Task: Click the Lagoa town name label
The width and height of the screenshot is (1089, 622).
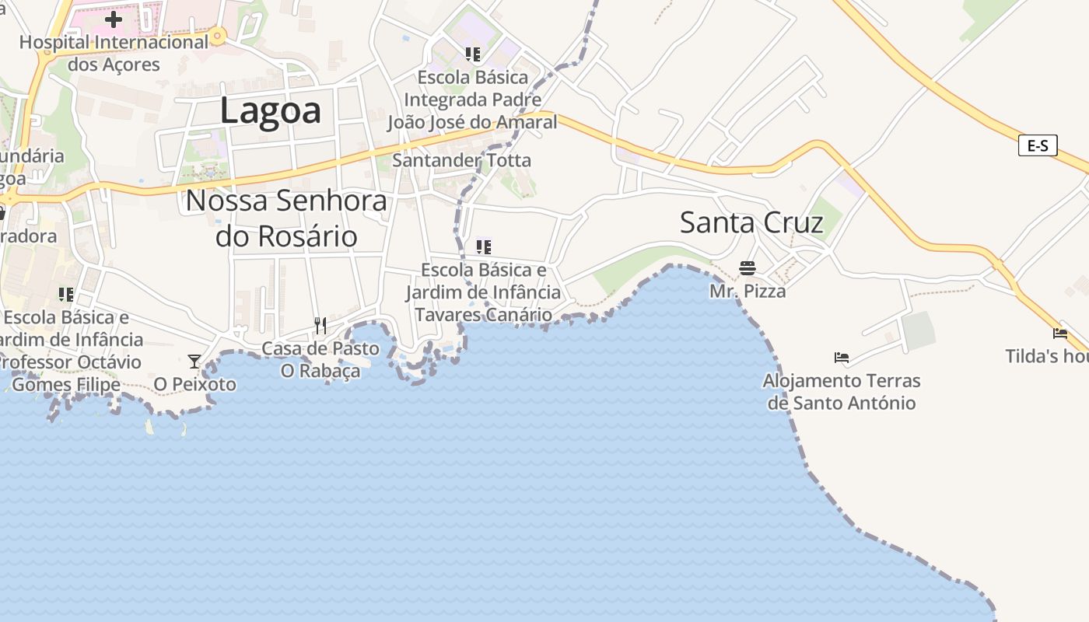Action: tap(270, 110)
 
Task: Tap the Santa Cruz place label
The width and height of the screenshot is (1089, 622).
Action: tap(751, 222)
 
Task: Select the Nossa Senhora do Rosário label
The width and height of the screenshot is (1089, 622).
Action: tap(286, 218)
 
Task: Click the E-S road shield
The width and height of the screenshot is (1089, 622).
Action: tap(1038, 145)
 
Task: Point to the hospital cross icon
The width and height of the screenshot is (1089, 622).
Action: tap(114, 19)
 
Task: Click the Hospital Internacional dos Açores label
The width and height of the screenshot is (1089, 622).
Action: tap(114, 53)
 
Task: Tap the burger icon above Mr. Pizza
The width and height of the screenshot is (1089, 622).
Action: tap(748, 268)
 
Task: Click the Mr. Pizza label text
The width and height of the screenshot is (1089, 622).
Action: tap(748, 292)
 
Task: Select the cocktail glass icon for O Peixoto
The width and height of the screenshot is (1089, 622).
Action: tap(194, 362)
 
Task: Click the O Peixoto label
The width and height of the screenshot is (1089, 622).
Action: tap(194, 384)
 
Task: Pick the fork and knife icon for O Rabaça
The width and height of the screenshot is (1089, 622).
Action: tap(320, 325)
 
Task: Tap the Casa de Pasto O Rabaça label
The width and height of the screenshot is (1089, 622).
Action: tap(320, 359)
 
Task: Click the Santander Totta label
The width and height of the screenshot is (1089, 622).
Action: tap(462, 161)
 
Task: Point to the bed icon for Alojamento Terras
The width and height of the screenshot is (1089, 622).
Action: tap(841, 358)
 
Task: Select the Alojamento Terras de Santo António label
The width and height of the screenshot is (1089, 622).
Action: tap(841, 392)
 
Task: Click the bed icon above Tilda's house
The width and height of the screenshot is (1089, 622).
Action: tap(1060, 333)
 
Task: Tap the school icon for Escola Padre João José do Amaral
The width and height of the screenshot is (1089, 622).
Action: tap(472, 54)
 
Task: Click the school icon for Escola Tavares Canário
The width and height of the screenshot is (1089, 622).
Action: tap(483, 247)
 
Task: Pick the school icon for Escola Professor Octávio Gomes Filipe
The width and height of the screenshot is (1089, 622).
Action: tap(66, 294)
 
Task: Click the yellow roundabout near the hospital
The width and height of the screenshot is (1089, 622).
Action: tap(218, 35)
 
